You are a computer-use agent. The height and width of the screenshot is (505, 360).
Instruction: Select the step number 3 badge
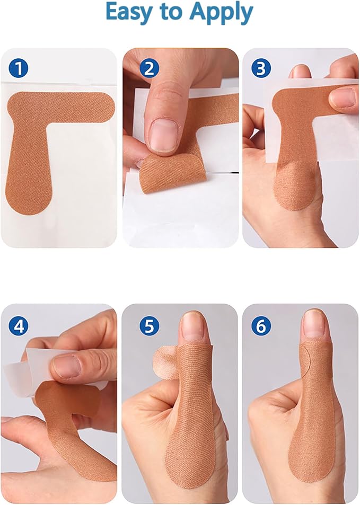point(261,68)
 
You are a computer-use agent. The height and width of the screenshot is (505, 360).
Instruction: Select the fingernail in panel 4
point(67,366)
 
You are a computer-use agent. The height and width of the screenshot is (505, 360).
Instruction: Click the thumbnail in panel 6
point(313,323)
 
